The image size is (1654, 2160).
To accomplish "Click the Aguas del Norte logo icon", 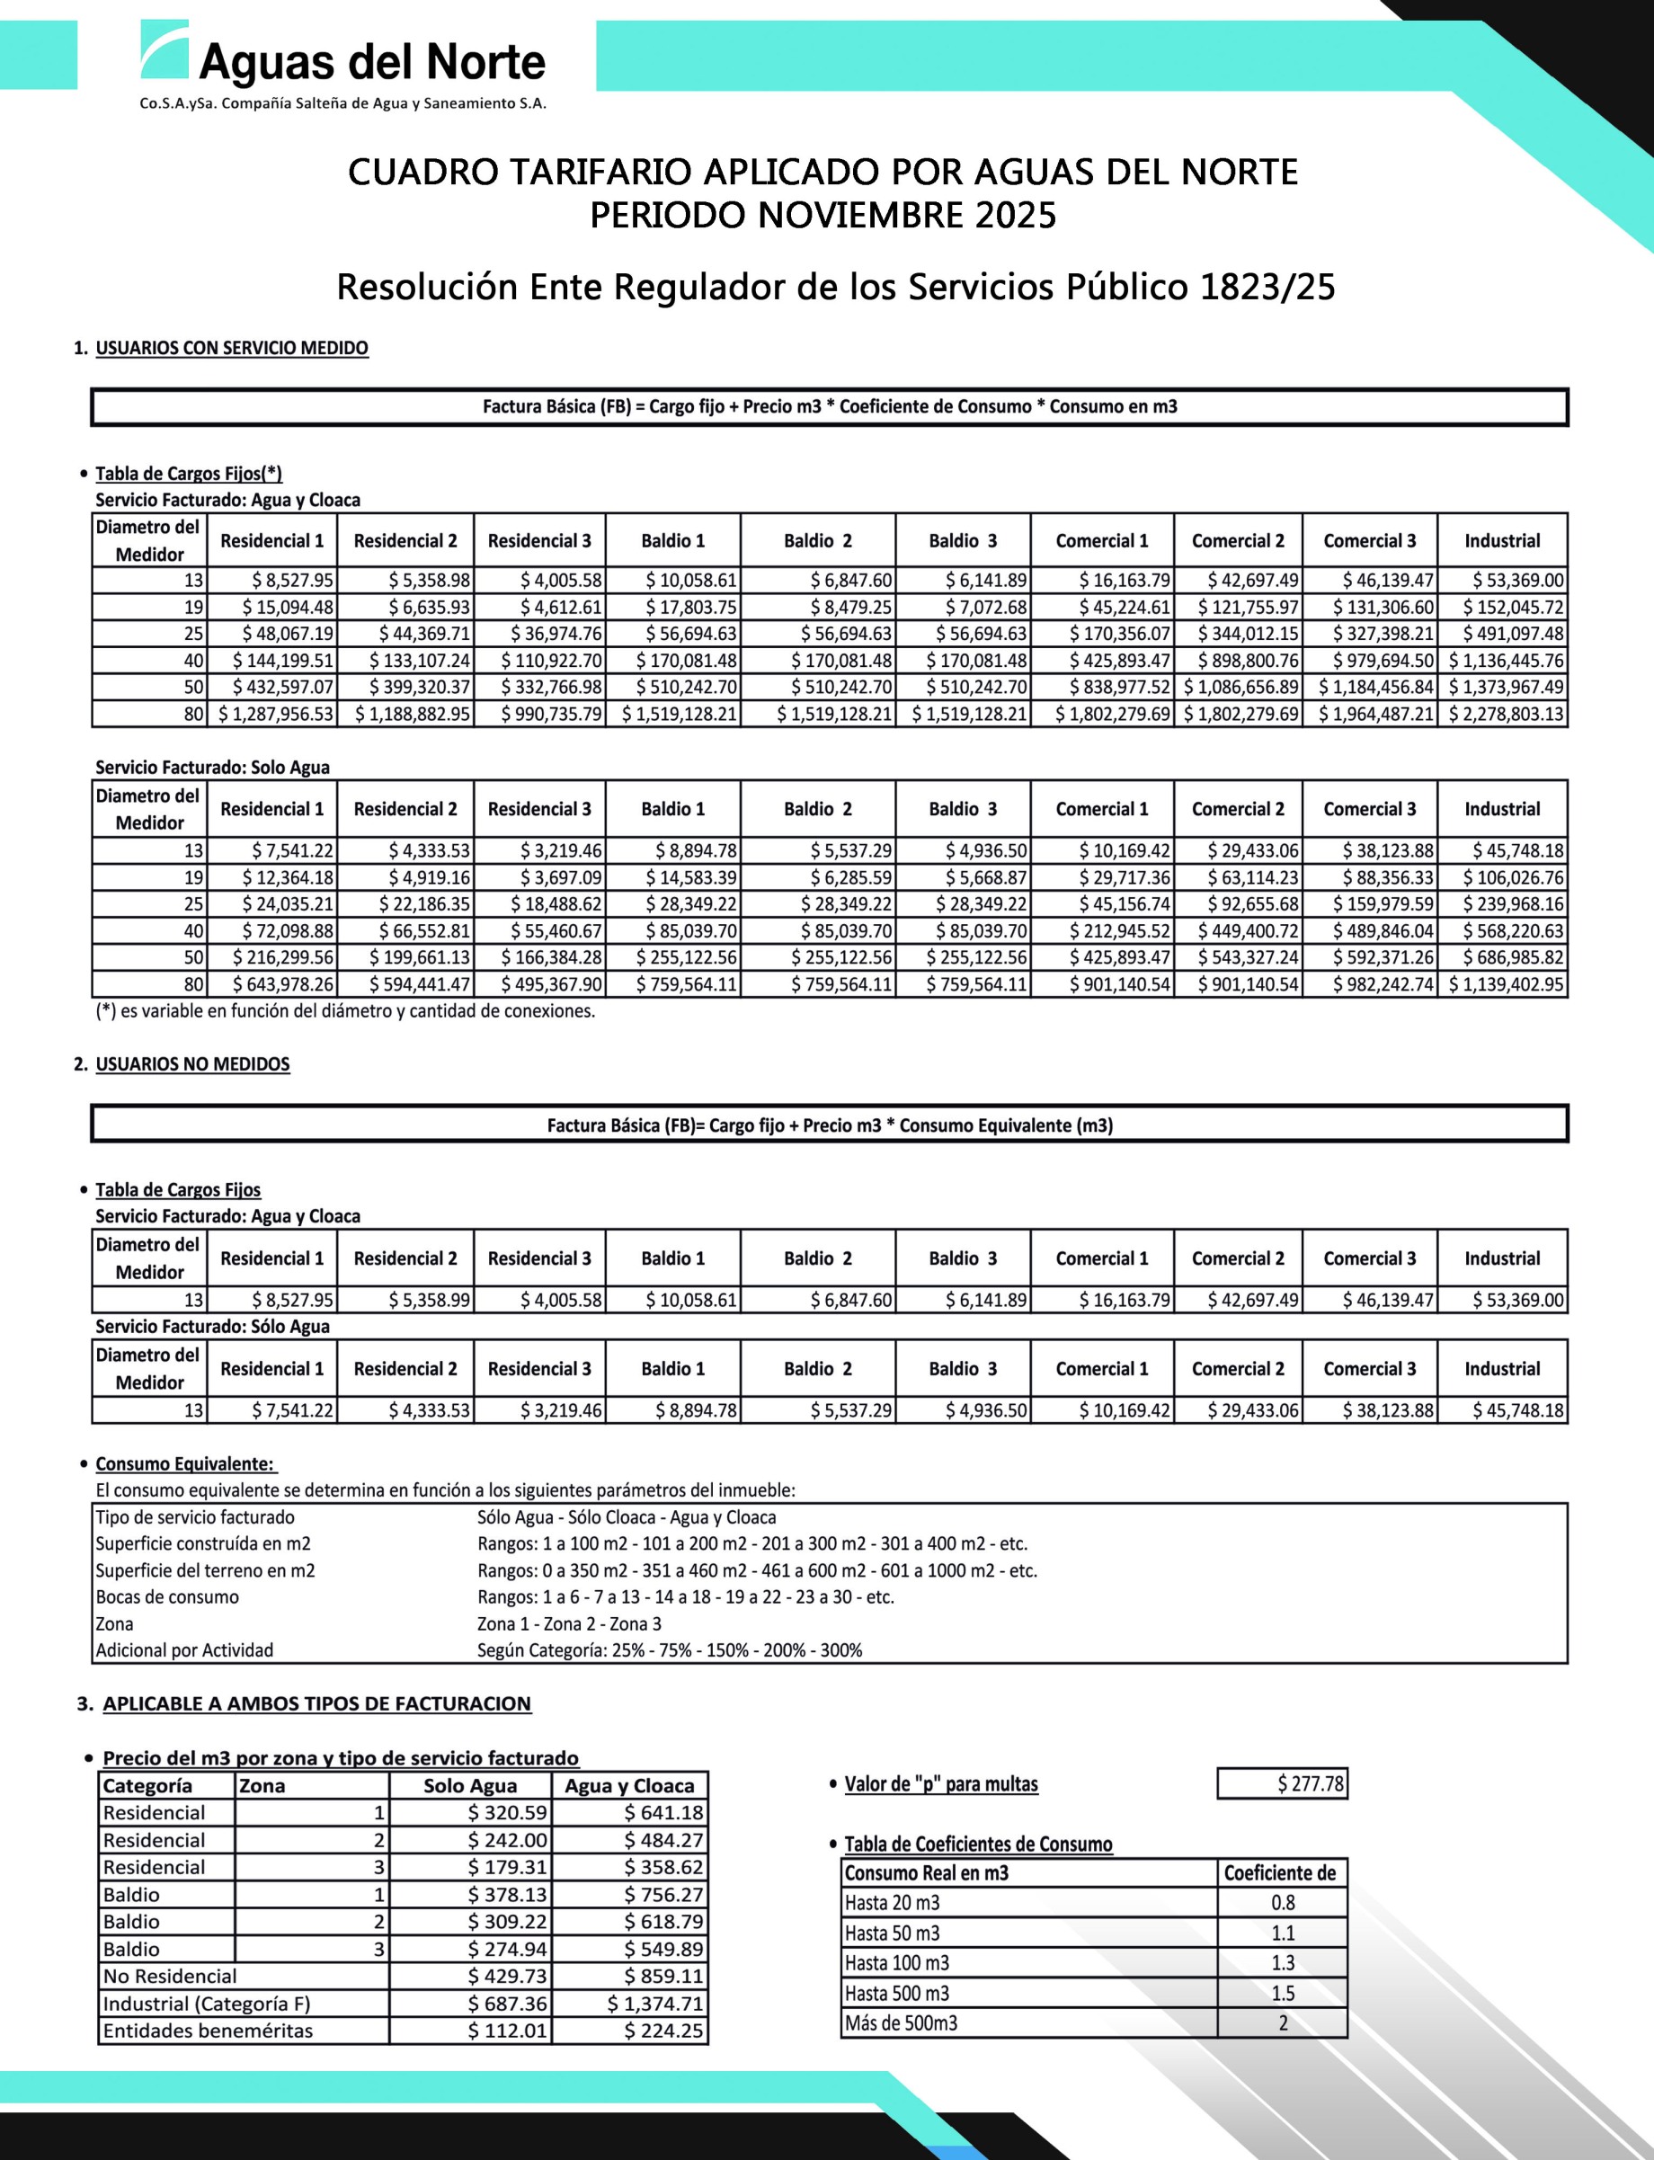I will [164, 51].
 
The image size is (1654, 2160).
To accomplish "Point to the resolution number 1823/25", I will [1267, 288].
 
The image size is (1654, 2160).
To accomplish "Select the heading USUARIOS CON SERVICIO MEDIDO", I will [231, 349].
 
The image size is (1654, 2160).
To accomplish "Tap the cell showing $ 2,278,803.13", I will [1506, 714].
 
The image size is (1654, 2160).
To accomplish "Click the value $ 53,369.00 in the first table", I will [1517, 581].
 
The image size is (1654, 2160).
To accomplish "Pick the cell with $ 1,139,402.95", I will [1506, 983].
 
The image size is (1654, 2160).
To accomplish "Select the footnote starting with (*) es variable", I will [344, 1011].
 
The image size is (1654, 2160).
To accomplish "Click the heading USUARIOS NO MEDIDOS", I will [192, 1064].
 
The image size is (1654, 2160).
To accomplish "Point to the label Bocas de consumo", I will [167, 1597].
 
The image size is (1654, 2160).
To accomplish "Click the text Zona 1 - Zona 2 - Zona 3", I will [569, 1623].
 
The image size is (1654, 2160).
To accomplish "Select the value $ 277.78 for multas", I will [1310, 1784].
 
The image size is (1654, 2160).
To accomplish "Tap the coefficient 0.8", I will [1282, 1903].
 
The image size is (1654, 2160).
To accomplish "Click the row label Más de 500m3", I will [901, 2023].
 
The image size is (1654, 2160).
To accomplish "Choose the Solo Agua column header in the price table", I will [469, 1786].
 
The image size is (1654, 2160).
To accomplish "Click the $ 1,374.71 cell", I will [654, 2004].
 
